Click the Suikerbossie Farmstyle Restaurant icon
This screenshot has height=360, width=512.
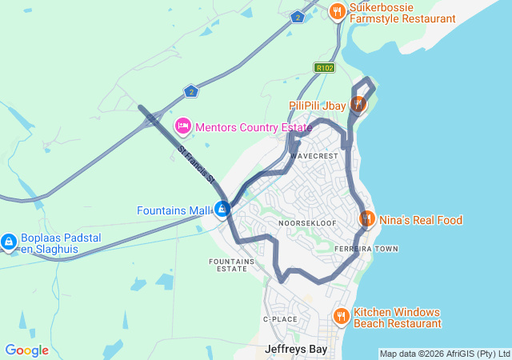click(x=338, y=11)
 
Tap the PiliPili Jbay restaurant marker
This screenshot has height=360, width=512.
click(x=359, y=103)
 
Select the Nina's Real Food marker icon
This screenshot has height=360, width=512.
click(x=366, y=218)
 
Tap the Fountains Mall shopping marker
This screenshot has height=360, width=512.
click(x=223, y=210)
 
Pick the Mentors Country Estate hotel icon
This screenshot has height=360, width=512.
click(x=183, y=126)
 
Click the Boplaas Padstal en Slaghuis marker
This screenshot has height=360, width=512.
click(x=9, y=241)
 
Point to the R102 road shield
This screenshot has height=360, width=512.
click(x=324, y=68)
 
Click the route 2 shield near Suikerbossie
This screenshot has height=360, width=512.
click(x=298, y=17)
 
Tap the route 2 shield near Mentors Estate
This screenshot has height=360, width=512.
click(x=190, y=90)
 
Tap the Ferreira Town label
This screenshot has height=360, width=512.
click(x=366, y=249)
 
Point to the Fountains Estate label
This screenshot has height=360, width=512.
click(x=232, y=265)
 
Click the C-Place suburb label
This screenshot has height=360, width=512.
click(x=280, y=319)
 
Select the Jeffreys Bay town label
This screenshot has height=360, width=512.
click(x=296, y=349)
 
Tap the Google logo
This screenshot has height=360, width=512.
click(x=26, y=350)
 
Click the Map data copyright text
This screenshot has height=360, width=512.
click(x=445, y=354)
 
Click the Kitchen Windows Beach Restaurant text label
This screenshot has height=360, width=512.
click(x=397, y=318)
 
